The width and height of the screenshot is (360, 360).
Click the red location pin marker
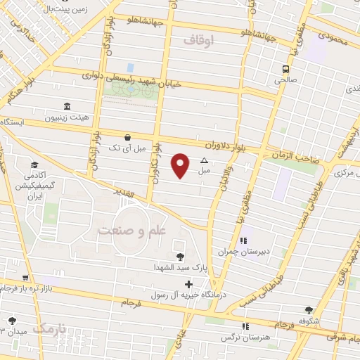pos(181,165)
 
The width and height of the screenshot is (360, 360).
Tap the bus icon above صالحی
pos(285,69)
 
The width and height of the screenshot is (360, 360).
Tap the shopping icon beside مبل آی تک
pos(127,137)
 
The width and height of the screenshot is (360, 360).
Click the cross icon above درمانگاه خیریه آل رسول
pos(188,284)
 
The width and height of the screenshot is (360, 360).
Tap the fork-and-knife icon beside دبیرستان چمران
pos(243,240)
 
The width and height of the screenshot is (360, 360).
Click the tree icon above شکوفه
pos(309,309)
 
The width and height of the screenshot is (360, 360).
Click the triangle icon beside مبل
pos(205,160)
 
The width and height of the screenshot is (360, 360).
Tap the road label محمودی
pos(333,36)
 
